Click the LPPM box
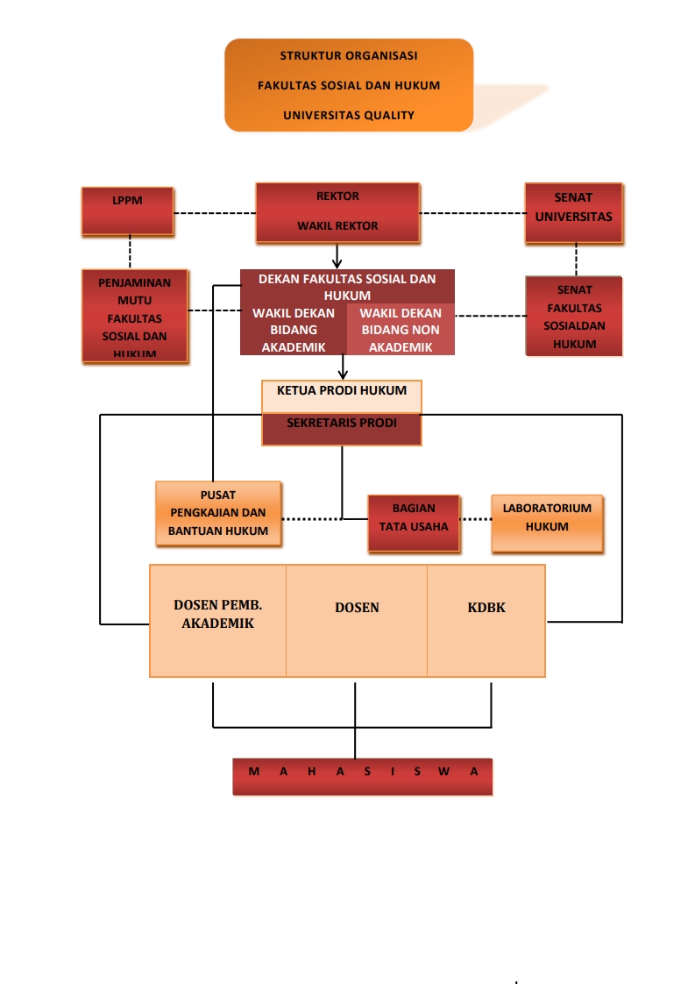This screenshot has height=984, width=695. point(127,210)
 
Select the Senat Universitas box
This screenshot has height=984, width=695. point(574,212)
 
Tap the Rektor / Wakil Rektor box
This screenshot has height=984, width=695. point(337,212)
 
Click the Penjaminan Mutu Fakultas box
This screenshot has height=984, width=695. point(135,316)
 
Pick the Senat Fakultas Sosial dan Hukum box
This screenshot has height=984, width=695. point(574,317)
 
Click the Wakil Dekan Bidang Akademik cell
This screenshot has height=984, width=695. point(294,330)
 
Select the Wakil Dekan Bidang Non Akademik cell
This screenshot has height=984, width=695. point(401,330)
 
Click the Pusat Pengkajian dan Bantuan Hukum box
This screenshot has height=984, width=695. point(218,513)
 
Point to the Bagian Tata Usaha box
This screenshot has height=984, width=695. point(414,523)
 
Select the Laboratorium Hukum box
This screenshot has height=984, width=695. point(547,523)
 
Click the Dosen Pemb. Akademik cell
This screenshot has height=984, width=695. point(218,620)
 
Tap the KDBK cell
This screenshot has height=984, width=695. point(486,620)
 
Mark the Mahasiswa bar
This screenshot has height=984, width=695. point(362,776)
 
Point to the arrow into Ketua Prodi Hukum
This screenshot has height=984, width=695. point(343,367)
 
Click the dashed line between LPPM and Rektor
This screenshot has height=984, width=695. point(215,213)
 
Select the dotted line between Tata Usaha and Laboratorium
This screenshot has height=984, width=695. point(476,519)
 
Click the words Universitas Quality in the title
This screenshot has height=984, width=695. point(349,115)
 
